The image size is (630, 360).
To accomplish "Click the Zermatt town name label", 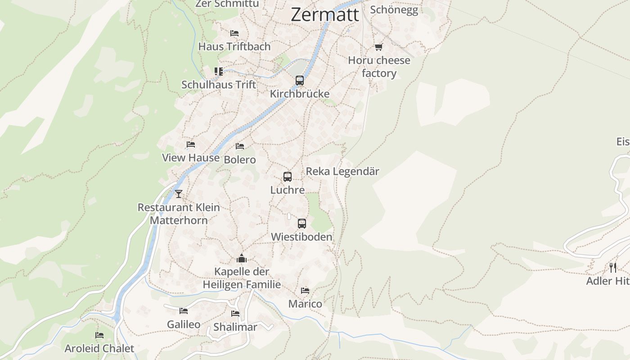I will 325,14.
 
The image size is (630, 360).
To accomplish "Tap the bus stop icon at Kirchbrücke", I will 300,81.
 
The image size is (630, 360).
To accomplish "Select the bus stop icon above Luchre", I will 288,177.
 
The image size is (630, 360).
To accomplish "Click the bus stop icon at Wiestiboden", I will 302,224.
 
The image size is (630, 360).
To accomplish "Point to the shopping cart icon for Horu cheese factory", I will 379,47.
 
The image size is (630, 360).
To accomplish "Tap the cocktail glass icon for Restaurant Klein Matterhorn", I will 179,194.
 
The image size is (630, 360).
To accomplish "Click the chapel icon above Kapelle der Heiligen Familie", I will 242,259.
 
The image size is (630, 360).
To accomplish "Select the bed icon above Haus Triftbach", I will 234,33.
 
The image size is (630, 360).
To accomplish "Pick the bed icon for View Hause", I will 191,144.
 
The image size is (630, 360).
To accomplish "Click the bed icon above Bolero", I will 240,146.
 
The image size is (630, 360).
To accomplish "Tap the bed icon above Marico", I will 305,291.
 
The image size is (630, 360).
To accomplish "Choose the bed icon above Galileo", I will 184,311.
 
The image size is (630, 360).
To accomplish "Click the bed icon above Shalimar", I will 235,314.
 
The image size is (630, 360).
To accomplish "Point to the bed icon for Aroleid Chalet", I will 99,335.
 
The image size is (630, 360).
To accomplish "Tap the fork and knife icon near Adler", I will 613,268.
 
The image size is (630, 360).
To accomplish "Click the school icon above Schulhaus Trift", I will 219,71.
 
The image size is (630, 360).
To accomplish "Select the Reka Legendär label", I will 342,171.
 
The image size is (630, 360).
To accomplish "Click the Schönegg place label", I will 394,10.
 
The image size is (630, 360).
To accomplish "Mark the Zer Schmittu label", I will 227,4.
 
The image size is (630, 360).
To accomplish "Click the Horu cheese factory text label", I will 379,67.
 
